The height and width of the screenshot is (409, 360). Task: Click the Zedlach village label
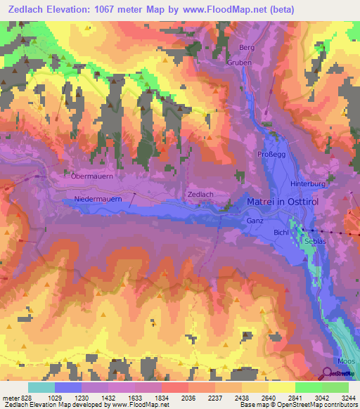tap(200, 193)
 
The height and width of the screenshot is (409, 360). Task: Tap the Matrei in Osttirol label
tap(284, 202)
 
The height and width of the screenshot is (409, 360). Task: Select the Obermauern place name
tap(93, 176)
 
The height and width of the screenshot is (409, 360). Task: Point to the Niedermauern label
tap(98, 200)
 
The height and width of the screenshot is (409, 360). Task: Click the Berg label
tap(246, 48)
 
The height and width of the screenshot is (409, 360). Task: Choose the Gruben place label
tap(238, 63)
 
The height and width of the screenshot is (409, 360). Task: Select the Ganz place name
tap(255, 221)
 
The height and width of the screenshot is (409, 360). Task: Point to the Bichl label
tap(281, 232)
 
